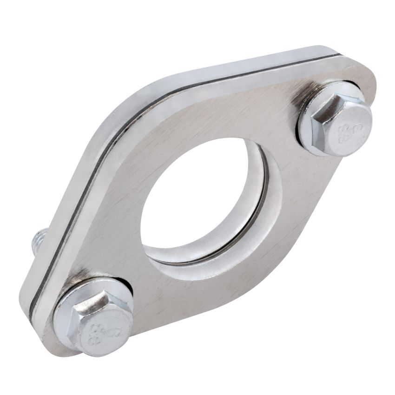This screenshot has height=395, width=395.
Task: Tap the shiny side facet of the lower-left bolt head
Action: [x=88, y=307]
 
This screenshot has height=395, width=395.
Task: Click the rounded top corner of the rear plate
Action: [x=321, y=49]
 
